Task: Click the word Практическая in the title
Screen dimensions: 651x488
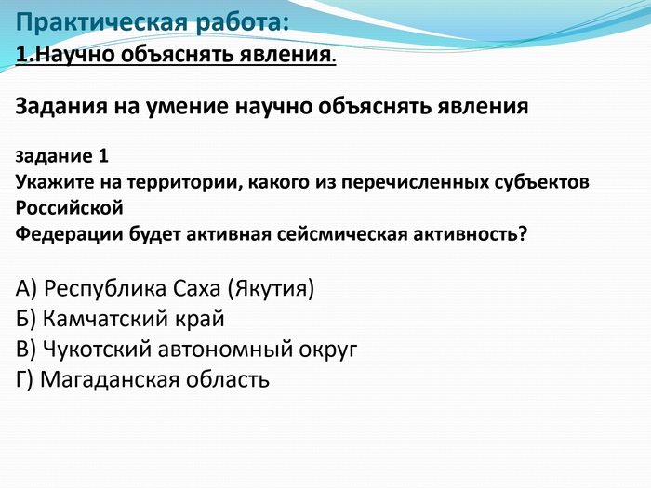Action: (101, 22)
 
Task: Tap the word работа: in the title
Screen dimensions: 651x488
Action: (242, 22)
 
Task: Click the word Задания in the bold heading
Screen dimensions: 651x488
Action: (61, 107)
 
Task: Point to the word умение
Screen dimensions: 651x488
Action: (186, 108)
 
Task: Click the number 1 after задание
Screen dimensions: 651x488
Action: (103, 156)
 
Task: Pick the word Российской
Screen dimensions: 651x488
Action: (70, 208)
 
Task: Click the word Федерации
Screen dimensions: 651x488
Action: (69, 235)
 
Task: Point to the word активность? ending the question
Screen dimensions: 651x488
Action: (470, 234)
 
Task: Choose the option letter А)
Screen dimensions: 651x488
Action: (26, 288)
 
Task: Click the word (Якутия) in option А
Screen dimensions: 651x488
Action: (271, 288)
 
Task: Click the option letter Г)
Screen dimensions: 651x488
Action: (24, 379)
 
